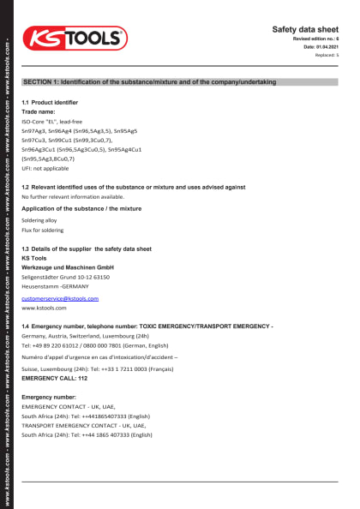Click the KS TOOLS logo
pos(75,39)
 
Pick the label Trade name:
pos(38,112)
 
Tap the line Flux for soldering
pos(44,230)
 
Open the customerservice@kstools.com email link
pos(60,298)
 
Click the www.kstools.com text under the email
pos(44,308)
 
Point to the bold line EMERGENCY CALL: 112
pos(54,378)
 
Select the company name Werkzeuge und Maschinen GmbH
pos(68,267)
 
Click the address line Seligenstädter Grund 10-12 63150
pos(65,278)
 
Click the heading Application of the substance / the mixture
pos(81,209)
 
